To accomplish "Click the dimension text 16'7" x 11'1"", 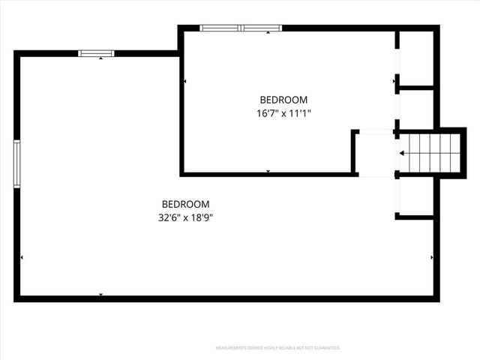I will (x=283, y=113).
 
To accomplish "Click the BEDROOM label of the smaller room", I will (x=283, y=100).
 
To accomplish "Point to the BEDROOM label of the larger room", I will (x=186, y=204).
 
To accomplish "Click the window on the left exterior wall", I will (x=16, y=163).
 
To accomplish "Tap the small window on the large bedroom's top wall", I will (x=96, y=53).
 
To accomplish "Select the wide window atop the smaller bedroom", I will (x=241, y=28).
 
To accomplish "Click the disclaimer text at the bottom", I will (x=278, y=348).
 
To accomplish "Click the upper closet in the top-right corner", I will (x=416, y=58).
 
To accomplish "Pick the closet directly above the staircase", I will (x=416, y=109).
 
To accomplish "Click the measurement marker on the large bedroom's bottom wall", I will (x=101, y=294).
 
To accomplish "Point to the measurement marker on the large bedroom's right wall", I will (x=432, y=258).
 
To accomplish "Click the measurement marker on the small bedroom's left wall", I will (x=184, y=81).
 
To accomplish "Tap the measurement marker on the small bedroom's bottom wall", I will (x=268, y=172).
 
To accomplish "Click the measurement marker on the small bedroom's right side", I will (x=393, y=81).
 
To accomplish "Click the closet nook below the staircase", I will (x=416, y=196).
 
